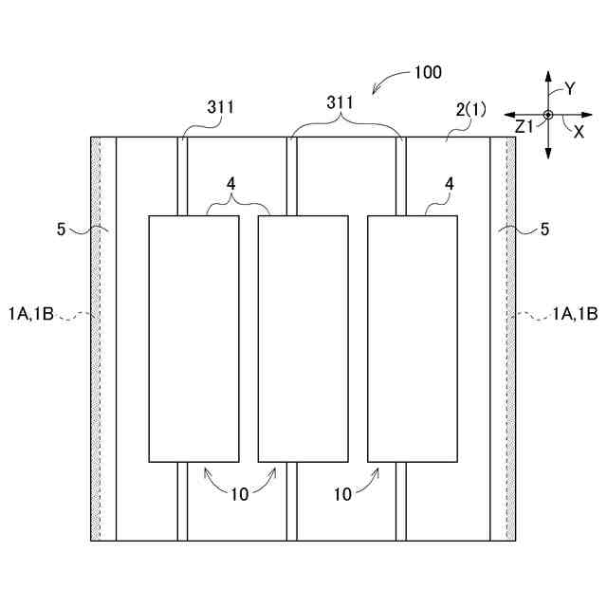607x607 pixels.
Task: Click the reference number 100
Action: point(427,72)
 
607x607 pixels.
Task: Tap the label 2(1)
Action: point(470,109)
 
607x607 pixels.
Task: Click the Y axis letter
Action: point(570,88)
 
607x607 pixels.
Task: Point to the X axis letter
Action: point(579,133)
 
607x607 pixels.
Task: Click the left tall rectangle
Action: point(193,339)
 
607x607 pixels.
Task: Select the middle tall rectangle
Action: point(303,339)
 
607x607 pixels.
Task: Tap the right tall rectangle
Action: point(413,339)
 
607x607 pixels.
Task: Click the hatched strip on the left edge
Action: point(96,339)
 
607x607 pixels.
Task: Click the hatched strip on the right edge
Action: point(511,339)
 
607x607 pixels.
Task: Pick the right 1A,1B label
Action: point(575,314)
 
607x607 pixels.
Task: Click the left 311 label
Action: point(221,109)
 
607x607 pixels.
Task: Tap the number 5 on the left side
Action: point(61,229)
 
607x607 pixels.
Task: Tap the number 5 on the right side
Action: point(544,229)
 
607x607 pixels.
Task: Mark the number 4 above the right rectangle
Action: point(449,184)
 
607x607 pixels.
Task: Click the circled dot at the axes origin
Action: point(547,116)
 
